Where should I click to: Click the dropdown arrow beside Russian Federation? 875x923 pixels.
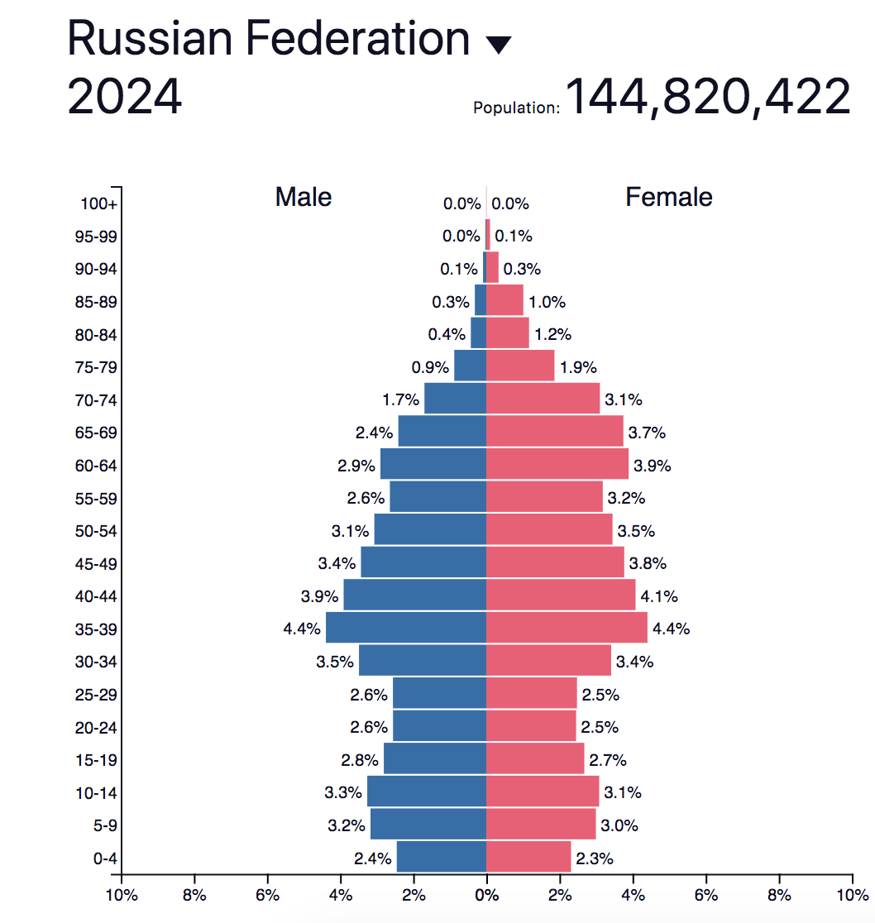pyautogui.click(x=499, y=45)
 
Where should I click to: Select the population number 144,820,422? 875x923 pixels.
pyautogui.click(x=707, y=98)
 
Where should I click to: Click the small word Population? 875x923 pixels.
pyautogui.click(x=516, y=108)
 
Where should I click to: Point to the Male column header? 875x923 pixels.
pyautogui.click(x=304, y=197)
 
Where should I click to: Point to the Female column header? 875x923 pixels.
pyautogui.click(x=668, y=197)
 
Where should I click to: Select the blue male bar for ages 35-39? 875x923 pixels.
pyautogui.click(x=406, y=628)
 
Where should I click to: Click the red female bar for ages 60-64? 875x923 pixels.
pyautogui.click(x=557, y=464)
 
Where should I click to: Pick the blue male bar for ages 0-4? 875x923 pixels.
pyautogui.click(x=442, y=857)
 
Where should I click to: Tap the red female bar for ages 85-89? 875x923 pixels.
pyautogui.click(x=504, y=300)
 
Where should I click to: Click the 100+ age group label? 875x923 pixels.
pyautogui.click(x=99, y=204)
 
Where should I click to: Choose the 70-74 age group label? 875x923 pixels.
pyautogui.click(x=97, y=400)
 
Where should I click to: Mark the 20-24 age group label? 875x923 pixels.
pyautogui.click(x=97, y=728)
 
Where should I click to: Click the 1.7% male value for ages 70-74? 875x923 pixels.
pyautogui.click(x=400, y=399)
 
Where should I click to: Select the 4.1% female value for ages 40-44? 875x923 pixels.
pyautogui.click(x=658, y=596)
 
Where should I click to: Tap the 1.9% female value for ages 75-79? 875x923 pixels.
pyautogui.click(x=577, y=367)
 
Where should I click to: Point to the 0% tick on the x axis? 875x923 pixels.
pyautogui.click(x=486, y=894)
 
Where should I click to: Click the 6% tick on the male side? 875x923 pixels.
pyautogui.click(x=267, y=894)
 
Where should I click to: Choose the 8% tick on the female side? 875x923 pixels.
pyautogui.click(x=779, y=894)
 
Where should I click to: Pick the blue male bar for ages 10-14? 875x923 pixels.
pyautogui.click(x=427, y=791)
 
